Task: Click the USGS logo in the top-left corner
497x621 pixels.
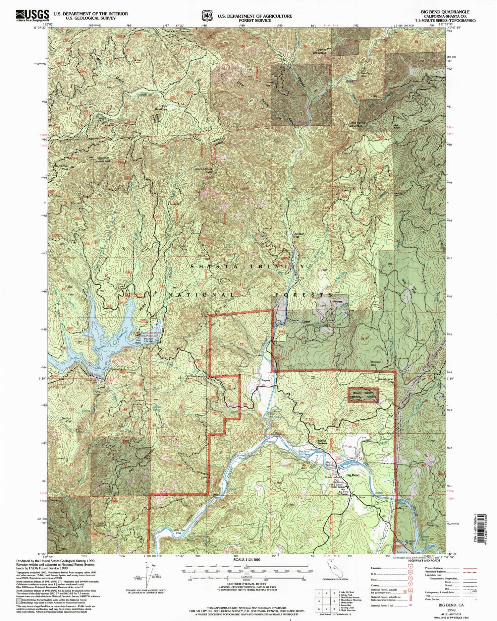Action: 32,16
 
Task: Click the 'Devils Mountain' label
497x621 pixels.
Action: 320,50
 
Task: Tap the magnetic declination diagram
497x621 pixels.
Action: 146,574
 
